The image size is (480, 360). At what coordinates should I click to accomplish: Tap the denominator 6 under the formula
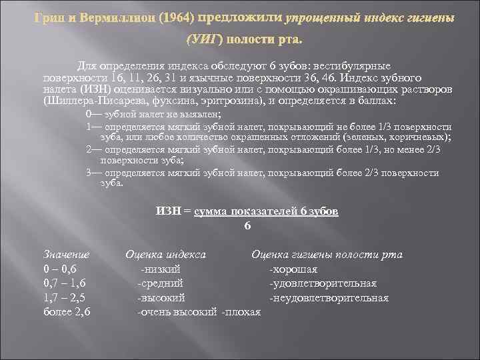247,225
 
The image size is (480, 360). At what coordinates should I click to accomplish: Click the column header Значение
66,254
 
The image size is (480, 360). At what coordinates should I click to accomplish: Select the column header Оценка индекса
165,254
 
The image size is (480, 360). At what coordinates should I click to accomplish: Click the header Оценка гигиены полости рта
327,254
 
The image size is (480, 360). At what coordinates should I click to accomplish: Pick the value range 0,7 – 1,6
64,283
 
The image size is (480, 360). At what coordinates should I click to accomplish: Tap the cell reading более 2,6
67,311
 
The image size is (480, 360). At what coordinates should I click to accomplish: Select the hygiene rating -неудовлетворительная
329,297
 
